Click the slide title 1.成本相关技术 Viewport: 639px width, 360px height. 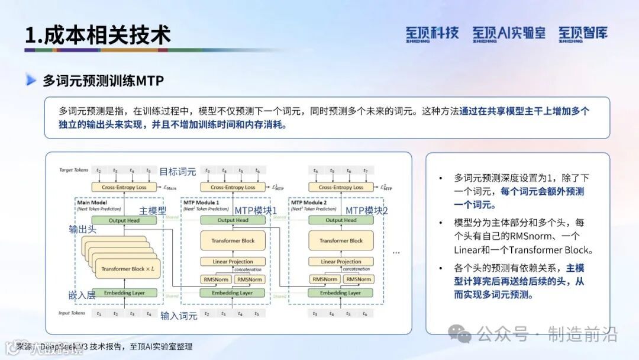pyautogui.click(x=98, y=35)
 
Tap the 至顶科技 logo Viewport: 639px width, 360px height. pyautogui.click(x=432, y=33)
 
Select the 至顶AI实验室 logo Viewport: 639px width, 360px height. pyautogui.click(x=509, y=33)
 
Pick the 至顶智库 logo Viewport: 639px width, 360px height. pyautogui.click(x=583, y=33)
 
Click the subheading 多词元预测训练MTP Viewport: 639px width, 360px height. pyautogui.click(x=103, y=81)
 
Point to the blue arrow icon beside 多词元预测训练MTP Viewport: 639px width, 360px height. pyautogui.click(x=31, y=80)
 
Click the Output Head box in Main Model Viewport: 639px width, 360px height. pyautogui.click(x=124, y=220)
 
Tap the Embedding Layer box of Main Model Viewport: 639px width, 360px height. pyautogui.click(x=124, y=292)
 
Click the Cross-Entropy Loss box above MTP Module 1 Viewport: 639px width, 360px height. pyautogui.click(x=233, y=187)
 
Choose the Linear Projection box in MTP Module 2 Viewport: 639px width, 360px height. pyautogui.click(x=341, y=262)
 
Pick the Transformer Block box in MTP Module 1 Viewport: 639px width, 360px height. pyautogui.click(x=233, y=241)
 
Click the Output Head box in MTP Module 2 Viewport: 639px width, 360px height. pyautogui.click(x=341, y=220)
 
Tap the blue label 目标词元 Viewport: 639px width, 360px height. pyautogui.click(x=178, y=172)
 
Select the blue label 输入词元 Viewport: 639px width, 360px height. pyautogui.click(x=179, y=316)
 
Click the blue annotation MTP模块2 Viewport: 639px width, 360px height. pyautogui.click(x=367, y=211)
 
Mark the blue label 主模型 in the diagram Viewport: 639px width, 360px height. pyautogui.click(x=153, y=211)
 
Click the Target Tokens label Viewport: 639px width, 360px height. pyautogui.click(x=74, y=171)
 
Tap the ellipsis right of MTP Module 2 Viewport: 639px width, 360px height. pyautogui.click(x=396, y=252)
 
